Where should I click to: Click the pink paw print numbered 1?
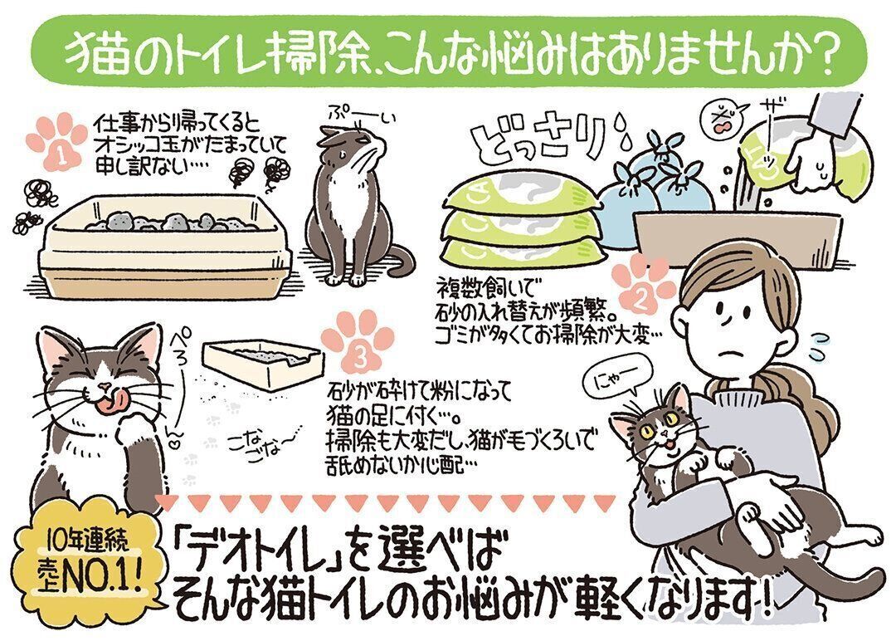[x=56, y=143]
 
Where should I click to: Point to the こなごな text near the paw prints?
[x=260, y=444]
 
